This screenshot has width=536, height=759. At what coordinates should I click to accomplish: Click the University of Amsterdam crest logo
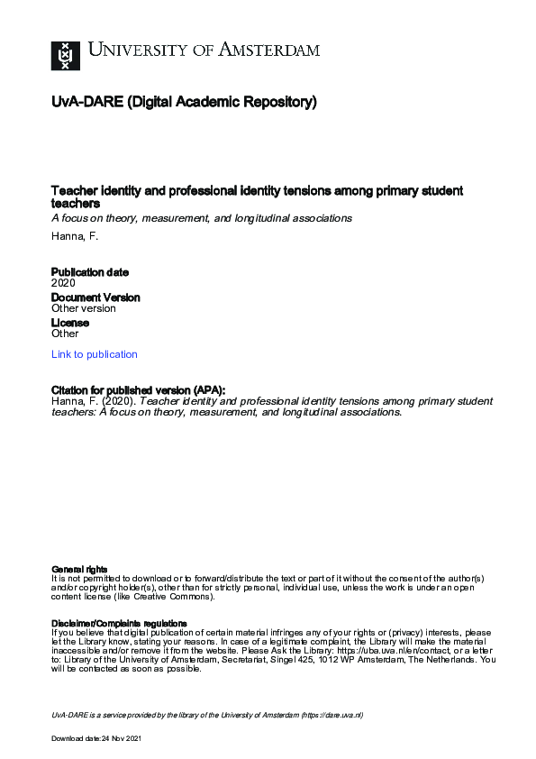coord(65,55)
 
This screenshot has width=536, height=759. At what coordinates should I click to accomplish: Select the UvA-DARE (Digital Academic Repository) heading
coord(184,103)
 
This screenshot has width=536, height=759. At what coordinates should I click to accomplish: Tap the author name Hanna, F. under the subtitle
coord(75,235)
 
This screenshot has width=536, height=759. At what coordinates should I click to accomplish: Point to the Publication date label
coord(90,272)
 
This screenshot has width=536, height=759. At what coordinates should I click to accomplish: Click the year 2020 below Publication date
coord(63,283)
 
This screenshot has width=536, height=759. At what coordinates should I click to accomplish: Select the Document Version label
coord(95,297)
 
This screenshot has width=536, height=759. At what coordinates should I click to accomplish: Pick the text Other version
coord(84,308)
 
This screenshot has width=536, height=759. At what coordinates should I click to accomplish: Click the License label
coord(69,323)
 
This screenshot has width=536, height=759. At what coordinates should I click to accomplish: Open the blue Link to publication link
coord(95,354)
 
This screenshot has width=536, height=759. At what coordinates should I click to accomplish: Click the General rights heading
coord(79,569)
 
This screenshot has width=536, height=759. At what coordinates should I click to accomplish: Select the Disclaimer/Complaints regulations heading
coord(119,623)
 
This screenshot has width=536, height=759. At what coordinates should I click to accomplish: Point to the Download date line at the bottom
coord(96,738)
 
